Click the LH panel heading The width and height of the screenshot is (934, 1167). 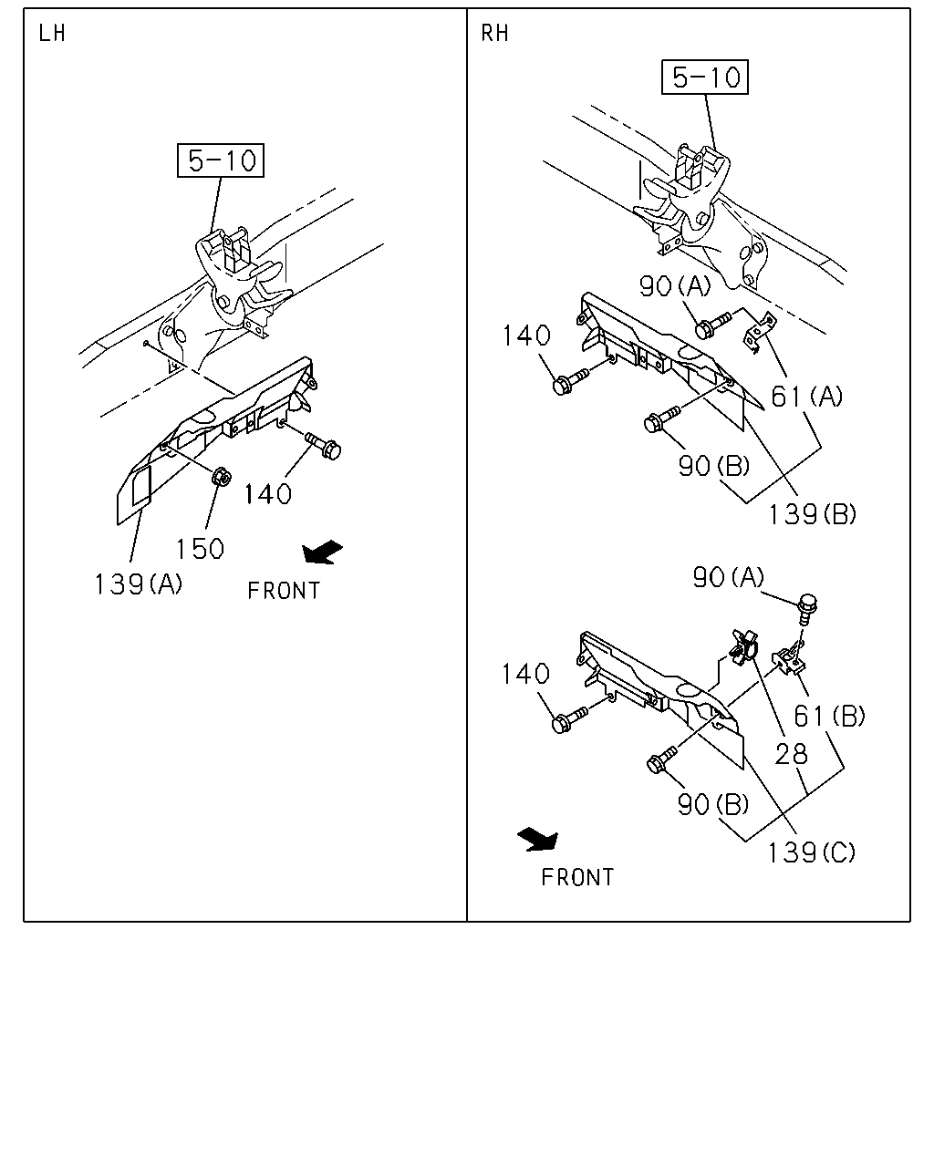coord(52,34)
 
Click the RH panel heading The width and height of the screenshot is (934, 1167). coord(495,34)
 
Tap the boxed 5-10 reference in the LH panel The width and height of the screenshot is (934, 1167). coord(221,160)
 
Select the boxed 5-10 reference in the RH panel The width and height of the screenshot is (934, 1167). coord(705,77)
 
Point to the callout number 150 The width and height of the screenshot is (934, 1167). coord(200,549)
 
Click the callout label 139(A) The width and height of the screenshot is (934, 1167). coord(139,584)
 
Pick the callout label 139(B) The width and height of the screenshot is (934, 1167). coord(812,514)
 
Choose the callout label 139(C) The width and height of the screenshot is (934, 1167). coord(812,853)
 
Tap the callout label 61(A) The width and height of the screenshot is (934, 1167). coord(806,397)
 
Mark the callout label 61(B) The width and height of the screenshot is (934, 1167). coord(829,717)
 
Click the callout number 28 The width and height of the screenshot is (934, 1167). coord(792,754)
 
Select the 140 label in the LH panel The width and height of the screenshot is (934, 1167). coord(268,494)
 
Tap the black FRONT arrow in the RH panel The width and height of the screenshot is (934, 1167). coord(537,840)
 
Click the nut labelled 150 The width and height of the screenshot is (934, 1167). coord(221,477)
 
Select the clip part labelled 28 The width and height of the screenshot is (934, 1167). coord(745,646)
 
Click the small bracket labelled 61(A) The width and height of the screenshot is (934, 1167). coord(759,333)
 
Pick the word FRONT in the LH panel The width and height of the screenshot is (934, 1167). coord(284,591)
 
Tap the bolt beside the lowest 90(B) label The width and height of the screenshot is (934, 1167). coord(661,759)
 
